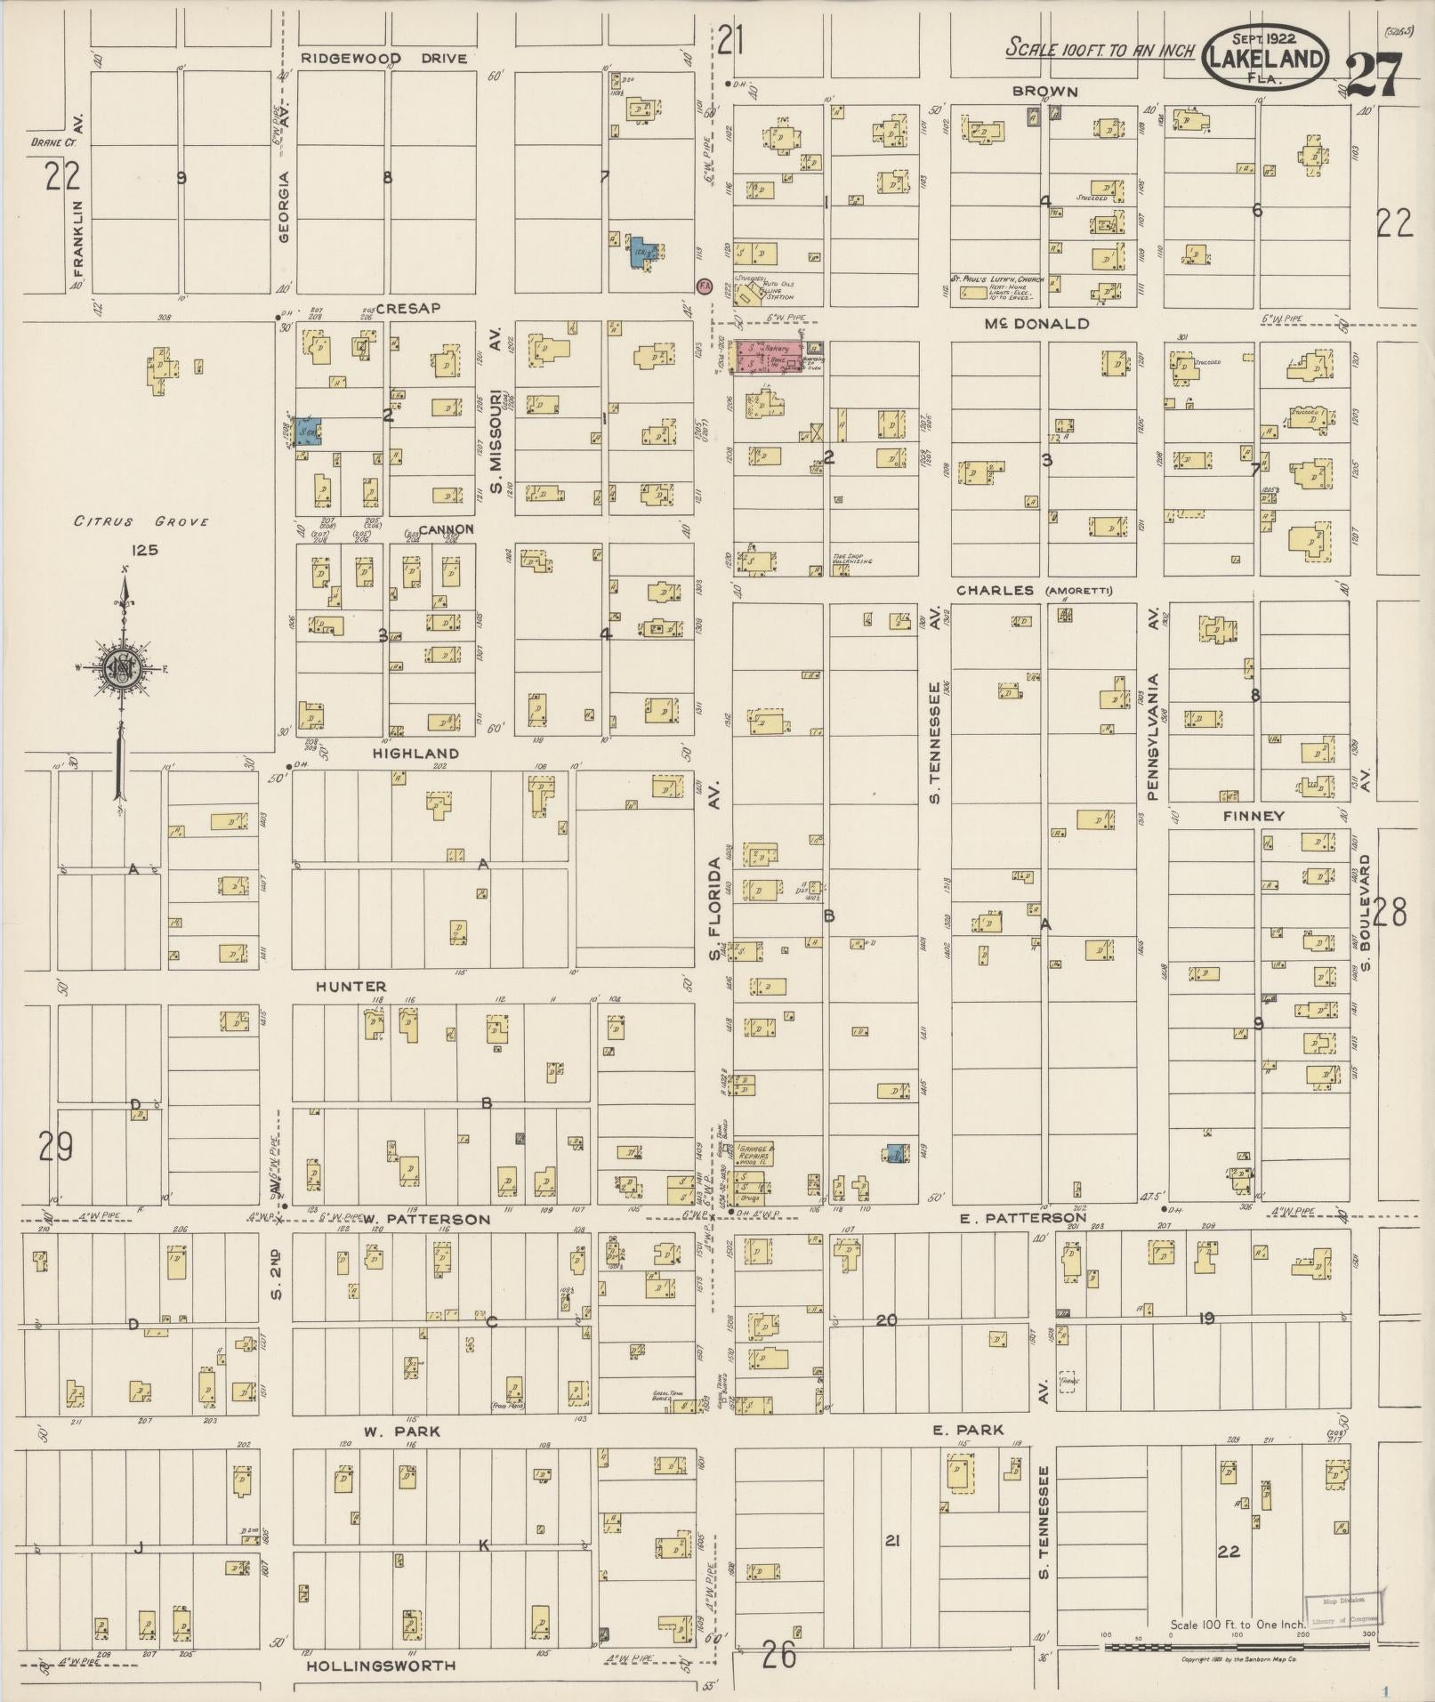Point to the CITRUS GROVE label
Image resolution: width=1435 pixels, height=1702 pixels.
pos(141,521)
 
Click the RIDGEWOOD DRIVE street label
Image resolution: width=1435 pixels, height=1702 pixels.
pos(383,59)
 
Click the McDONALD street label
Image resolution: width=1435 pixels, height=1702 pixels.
pos(1036,324)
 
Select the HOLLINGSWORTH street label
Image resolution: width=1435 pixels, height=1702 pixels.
pos(381,1666)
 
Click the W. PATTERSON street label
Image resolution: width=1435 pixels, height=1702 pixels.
pos(426,1219)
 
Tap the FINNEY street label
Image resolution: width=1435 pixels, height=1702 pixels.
pos(1253,816)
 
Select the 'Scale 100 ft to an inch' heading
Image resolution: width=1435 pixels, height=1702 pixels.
pos(1100,49)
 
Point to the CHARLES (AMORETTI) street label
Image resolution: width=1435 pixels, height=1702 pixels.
pos(1034,591)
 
